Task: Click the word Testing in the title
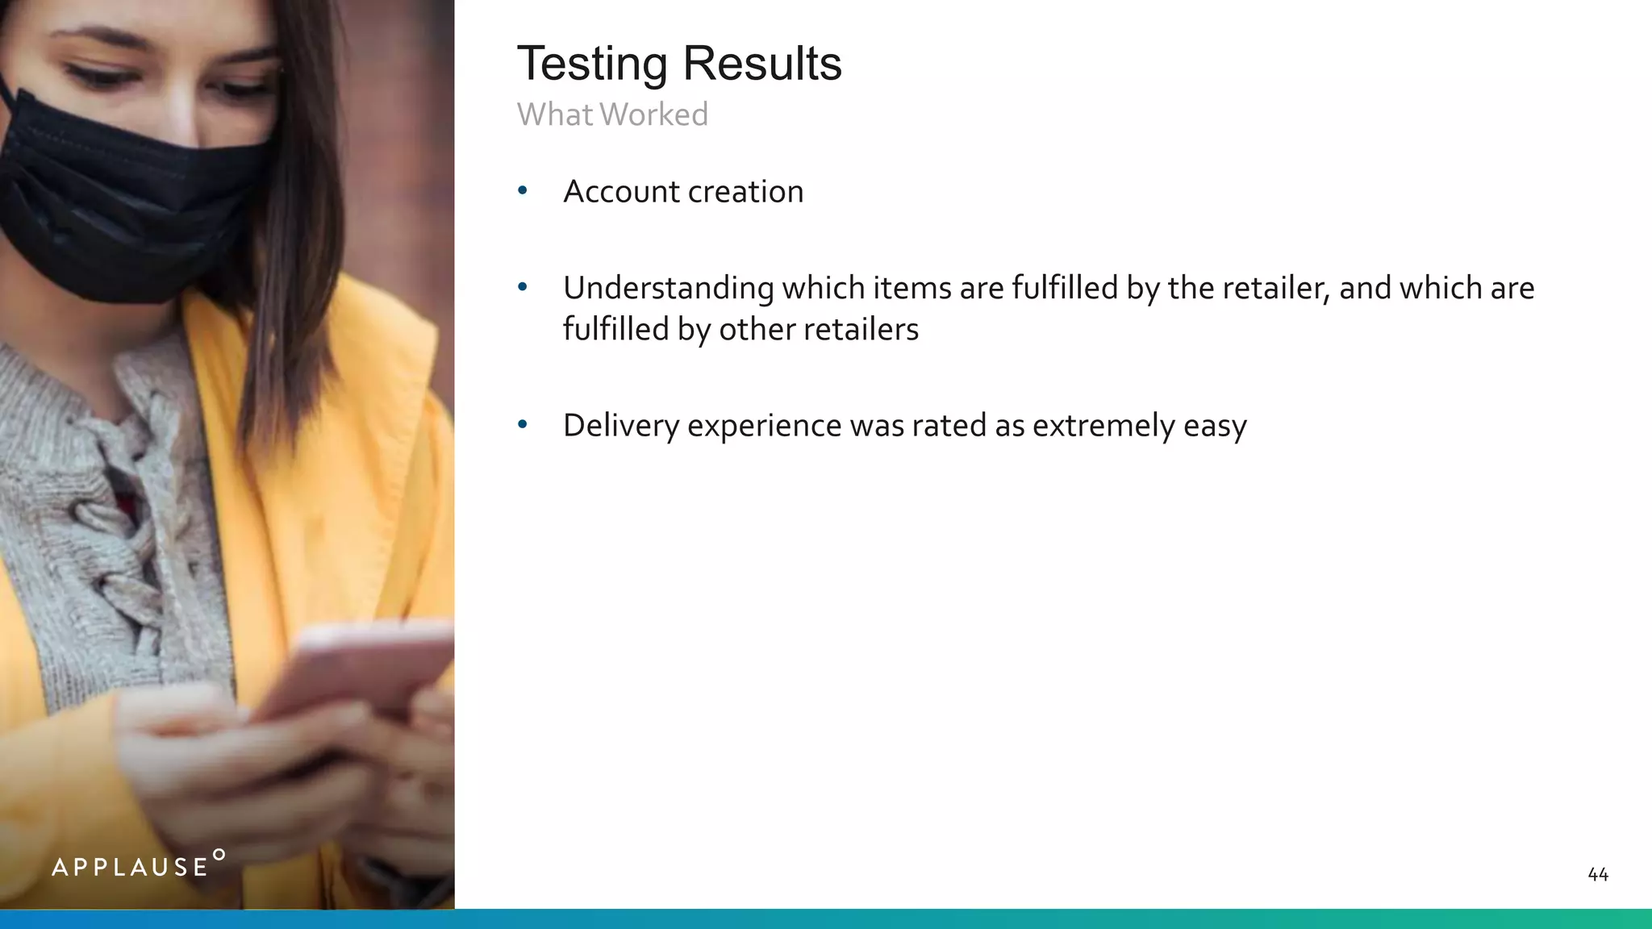point(592,65)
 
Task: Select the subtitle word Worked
point(659,115)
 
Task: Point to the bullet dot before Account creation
point(523,191)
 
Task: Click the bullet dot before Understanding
point(523,287)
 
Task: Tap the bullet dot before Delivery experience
point(523,424)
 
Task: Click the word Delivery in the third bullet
point(620,426)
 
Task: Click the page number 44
point(1597,875)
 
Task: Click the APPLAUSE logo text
point(130,868)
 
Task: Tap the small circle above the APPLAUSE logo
point(219,854)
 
